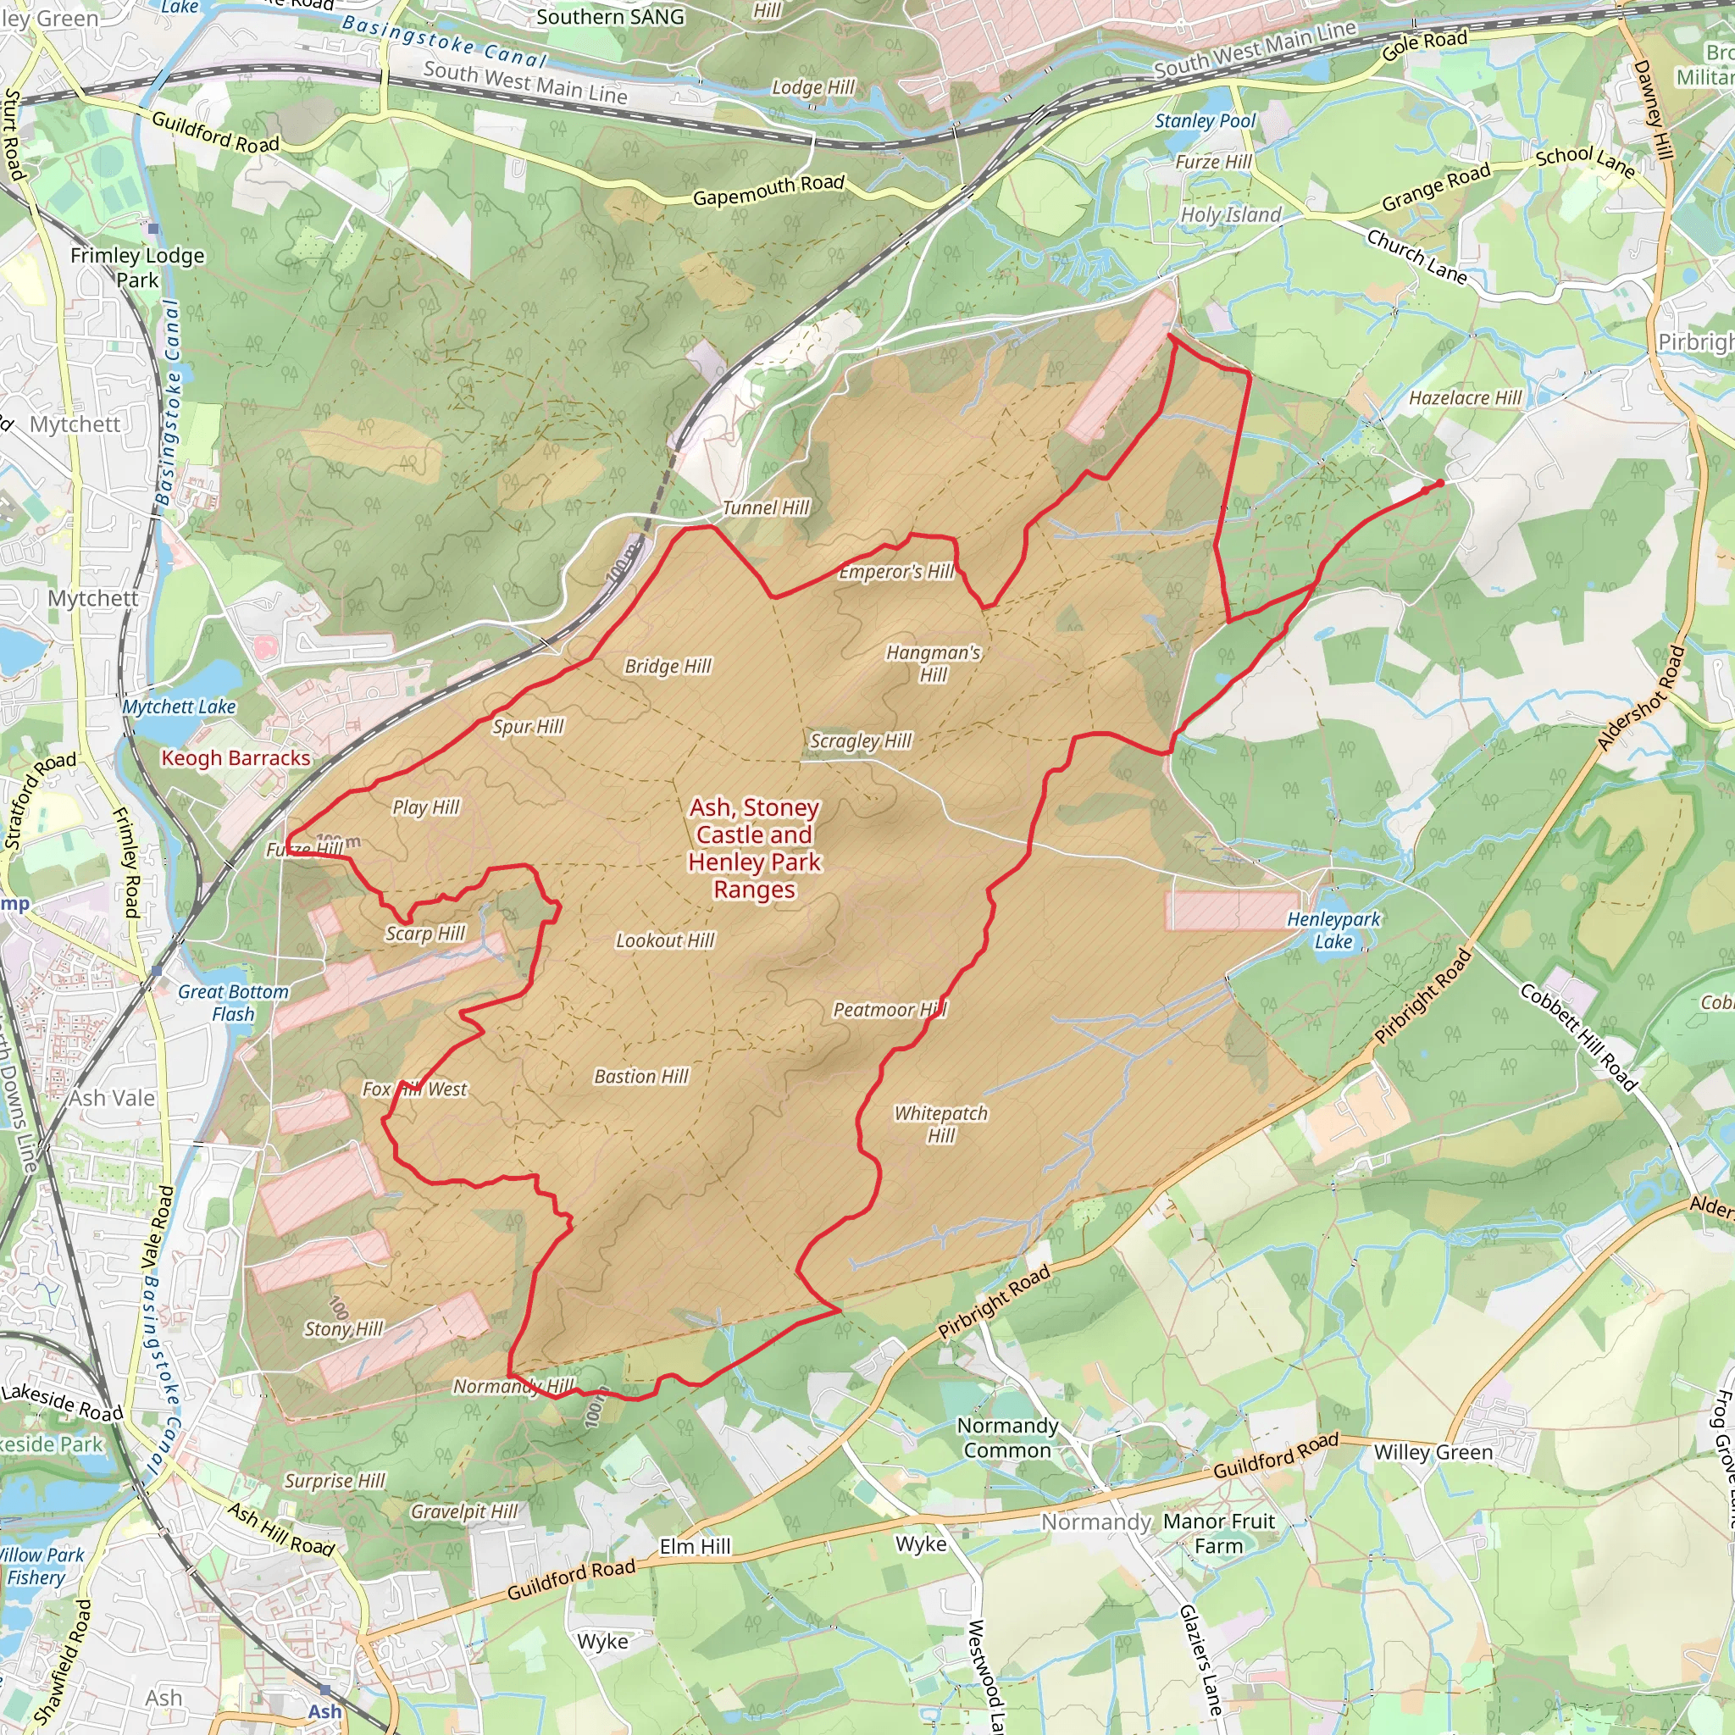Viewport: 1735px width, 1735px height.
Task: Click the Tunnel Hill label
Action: (x=765, y=508)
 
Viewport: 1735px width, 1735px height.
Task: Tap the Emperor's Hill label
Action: (x=895, y=572)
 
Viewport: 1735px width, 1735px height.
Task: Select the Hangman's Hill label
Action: (x=933, y=663)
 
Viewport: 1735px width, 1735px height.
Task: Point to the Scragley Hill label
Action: (x=861, y=741)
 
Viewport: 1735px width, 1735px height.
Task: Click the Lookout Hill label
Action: (x=664, y=940)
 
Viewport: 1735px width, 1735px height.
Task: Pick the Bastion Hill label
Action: (x=641, y=1076)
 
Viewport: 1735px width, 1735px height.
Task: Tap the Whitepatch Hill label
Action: (x=940, y=1123)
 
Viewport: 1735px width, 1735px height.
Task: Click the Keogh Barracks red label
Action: (x=236, y=758)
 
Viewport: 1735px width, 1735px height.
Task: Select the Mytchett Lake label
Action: (x=180, y=707)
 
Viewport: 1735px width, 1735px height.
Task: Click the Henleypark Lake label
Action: (x=1333, y=930)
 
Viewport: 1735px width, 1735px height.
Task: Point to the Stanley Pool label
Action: (x=1206, y=120)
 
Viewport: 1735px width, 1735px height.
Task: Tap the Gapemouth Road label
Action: (x=768, y=190)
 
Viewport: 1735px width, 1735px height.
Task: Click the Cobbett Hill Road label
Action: (x=1577, y=1036)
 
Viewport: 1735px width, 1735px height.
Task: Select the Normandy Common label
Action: (x=1006, y=1438)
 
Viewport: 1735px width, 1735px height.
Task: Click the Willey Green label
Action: (x=1433, y=1453)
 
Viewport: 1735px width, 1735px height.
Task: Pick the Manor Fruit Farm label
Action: (x=1218, y=1533)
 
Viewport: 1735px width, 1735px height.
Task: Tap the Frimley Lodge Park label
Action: (x=137, y=268)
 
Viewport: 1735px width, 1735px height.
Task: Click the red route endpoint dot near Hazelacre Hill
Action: (x=1439, y=483)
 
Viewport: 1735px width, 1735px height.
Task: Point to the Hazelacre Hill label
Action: (x=1465, y=398)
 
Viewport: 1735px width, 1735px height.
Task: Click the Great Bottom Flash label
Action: (x=234, y=1002)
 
